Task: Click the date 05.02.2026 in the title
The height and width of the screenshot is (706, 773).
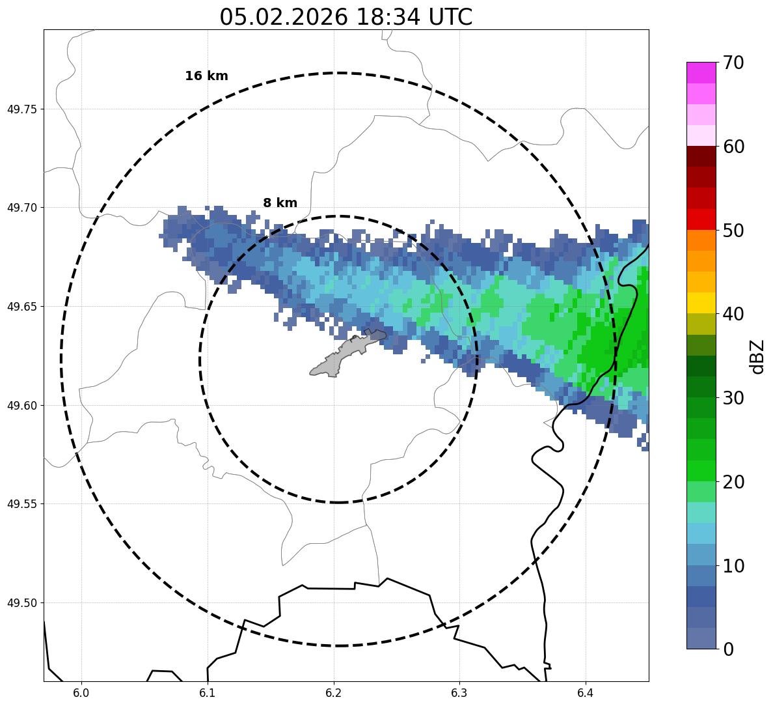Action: (283, 18)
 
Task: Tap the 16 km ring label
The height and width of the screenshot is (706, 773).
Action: (206, 76)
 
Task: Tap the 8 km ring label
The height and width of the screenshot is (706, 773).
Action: (280, 203)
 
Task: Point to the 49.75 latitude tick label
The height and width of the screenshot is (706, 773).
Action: (21, 109)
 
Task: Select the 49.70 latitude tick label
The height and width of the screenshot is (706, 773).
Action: (21, 208)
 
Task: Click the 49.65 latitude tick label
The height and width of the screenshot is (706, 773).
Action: (21, 307)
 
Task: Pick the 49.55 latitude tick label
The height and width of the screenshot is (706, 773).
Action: (21, 504)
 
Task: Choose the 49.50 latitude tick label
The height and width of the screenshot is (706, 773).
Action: (21, 603)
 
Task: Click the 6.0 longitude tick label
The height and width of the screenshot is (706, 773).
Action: (81, 691)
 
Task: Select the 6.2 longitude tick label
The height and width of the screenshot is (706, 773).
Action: (334, 691)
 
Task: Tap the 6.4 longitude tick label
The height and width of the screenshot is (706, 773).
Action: (586, 691)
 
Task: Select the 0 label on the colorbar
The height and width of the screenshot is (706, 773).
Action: (727, 649)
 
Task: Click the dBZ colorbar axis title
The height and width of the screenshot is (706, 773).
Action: (757, 357)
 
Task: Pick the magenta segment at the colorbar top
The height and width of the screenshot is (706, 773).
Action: (701, 72)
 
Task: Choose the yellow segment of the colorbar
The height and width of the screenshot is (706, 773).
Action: (701, 303)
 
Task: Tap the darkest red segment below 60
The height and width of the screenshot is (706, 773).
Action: (701, 156)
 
